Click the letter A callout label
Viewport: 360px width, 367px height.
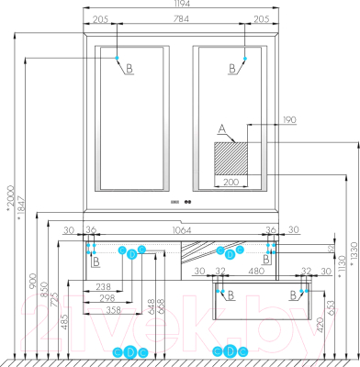tap(220, 129)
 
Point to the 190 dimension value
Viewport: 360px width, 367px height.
tap(264, 120)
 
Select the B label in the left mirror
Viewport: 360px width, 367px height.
tap(129, 70)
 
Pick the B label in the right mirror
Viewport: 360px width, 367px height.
tap(231, 68)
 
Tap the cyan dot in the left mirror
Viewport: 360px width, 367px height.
tap(118, 59)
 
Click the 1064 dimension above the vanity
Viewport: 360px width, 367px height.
tap(180, 231)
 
